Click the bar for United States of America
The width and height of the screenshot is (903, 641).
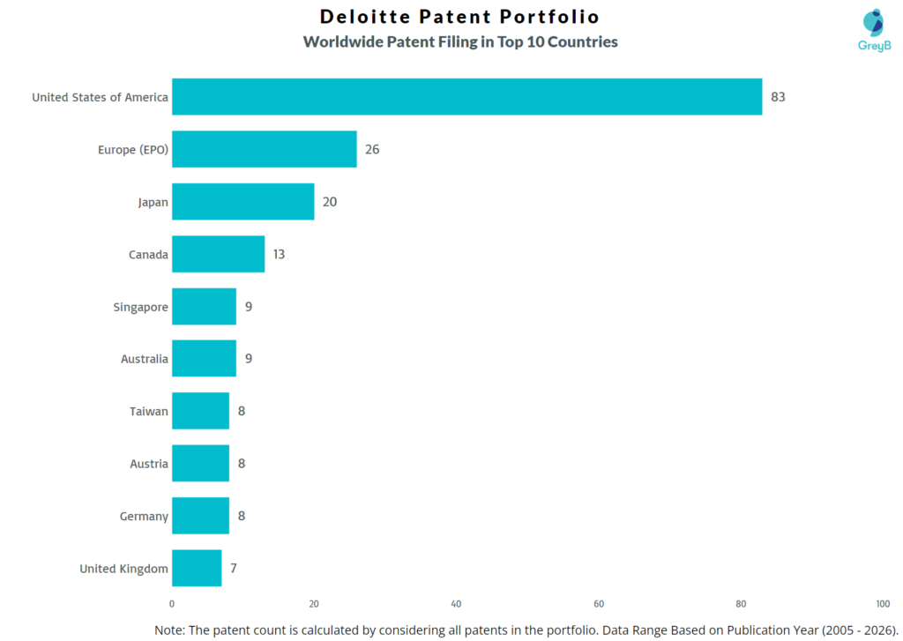click(x=466, y=97)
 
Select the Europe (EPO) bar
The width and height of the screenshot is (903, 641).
click(x=264, y=149)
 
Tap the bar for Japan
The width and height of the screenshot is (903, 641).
click(x=243, y=202)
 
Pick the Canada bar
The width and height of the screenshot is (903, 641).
click(x=218, y=254)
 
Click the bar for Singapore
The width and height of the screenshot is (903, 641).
click(x=204, y=307)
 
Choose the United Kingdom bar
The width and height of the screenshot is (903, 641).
click(x=197, y=569)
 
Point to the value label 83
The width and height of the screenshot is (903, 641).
click(x=778, y=97)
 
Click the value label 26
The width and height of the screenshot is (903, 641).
click(x=372, y=149)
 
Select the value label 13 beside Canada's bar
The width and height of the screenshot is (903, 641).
click(x=279, y=254)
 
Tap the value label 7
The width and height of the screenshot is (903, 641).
click(x=233, y=569)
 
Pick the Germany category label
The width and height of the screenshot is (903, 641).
click(x=144, y=517)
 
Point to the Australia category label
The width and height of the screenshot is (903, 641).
click(x=145, y=359)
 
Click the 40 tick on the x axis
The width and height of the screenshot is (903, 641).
click(x=456, y=604)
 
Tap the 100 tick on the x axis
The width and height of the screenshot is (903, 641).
click(x=883, y=604)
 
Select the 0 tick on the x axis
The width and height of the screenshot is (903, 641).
click(x=172, y=604)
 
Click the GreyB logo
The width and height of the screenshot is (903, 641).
click(x=873, y=30)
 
